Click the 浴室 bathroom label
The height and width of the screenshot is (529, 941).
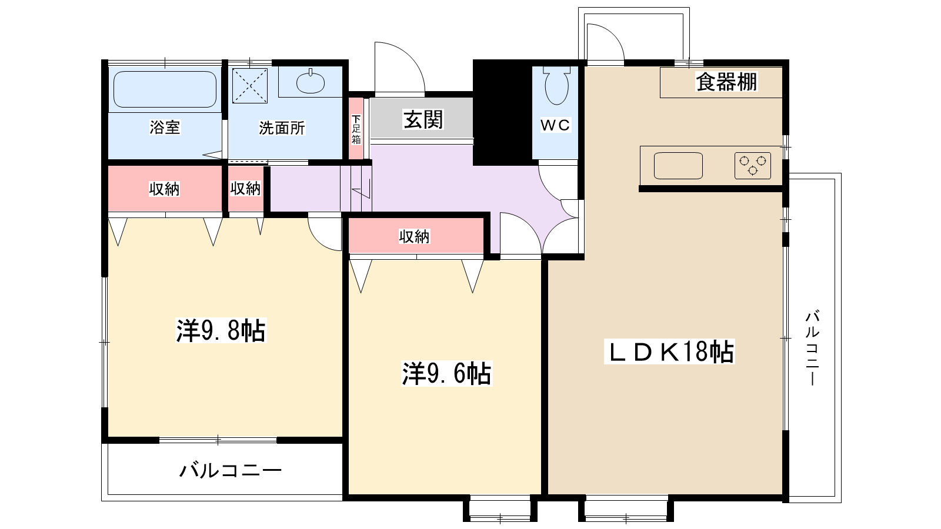coord(165,127)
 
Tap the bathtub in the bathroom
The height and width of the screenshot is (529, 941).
coord(165,89)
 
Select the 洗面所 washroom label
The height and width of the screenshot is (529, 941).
coord(282,128)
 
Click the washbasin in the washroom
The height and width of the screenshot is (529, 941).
coord(311,82)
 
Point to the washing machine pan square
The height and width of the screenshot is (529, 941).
coord(250,86)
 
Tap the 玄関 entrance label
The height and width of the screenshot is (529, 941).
coord(423,119)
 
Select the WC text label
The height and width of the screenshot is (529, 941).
coord(555,125)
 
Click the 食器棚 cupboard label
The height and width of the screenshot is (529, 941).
coord(726,82)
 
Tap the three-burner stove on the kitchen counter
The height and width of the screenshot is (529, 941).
coord(753,165)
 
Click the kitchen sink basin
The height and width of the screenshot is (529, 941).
coord(678,165)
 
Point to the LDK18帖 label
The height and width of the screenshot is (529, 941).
coord(670,352)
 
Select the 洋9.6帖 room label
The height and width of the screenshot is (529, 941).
coord(446,373)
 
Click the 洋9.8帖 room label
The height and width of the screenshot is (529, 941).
coord(221,331)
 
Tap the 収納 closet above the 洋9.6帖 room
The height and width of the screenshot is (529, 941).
coord(415,236)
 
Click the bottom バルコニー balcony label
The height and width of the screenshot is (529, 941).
coord(231,471)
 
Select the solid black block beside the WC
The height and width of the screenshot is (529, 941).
coord(502,112)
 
